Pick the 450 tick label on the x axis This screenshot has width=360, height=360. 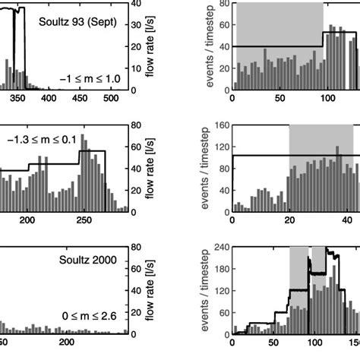click(x=80, y=99)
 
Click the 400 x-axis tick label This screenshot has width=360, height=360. click(x=48, y=99)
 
